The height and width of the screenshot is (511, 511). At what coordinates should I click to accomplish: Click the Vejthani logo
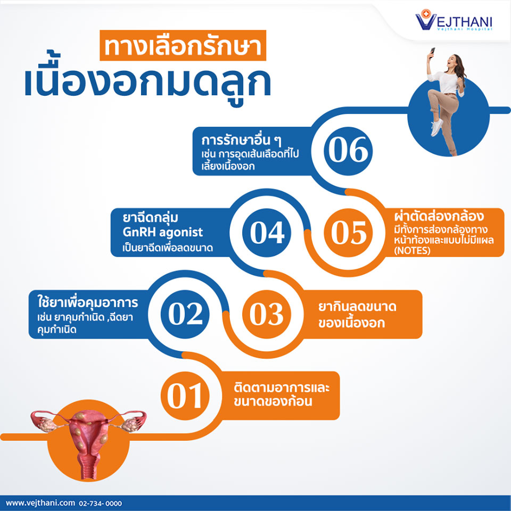click(454, 20)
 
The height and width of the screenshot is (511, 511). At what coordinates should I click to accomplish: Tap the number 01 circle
click(185, 395)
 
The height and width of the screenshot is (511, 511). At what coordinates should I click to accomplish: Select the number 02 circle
click(185, 314)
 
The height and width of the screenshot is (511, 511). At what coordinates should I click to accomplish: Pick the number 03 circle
click(267, 314)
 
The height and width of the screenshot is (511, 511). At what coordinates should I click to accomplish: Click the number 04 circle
click(267, 233)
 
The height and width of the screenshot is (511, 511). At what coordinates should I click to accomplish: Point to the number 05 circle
click(348, 233)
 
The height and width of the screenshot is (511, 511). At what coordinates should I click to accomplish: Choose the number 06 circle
click(348, 151)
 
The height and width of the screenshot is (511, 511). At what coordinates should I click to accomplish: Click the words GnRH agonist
click(163, 233)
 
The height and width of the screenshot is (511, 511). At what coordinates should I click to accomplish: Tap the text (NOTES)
click(412, 251)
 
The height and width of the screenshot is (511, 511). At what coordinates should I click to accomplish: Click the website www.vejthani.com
click(40, 503)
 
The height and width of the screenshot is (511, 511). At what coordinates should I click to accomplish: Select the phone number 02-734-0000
click(101, 504)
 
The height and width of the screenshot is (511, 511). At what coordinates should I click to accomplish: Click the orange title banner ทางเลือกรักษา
click(183, 45)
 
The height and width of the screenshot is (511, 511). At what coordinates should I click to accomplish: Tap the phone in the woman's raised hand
click(432, 51)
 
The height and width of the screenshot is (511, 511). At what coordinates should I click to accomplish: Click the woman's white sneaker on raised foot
click(436, 127)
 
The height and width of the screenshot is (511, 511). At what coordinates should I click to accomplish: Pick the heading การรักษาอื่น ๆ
click(241, 141)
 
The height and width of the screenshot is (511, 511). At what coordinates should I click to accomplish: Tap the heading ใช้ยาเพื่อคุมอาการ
click(88, 302)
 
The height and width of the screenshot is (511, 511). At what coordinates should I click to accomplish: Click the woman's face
click(452, 60)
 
